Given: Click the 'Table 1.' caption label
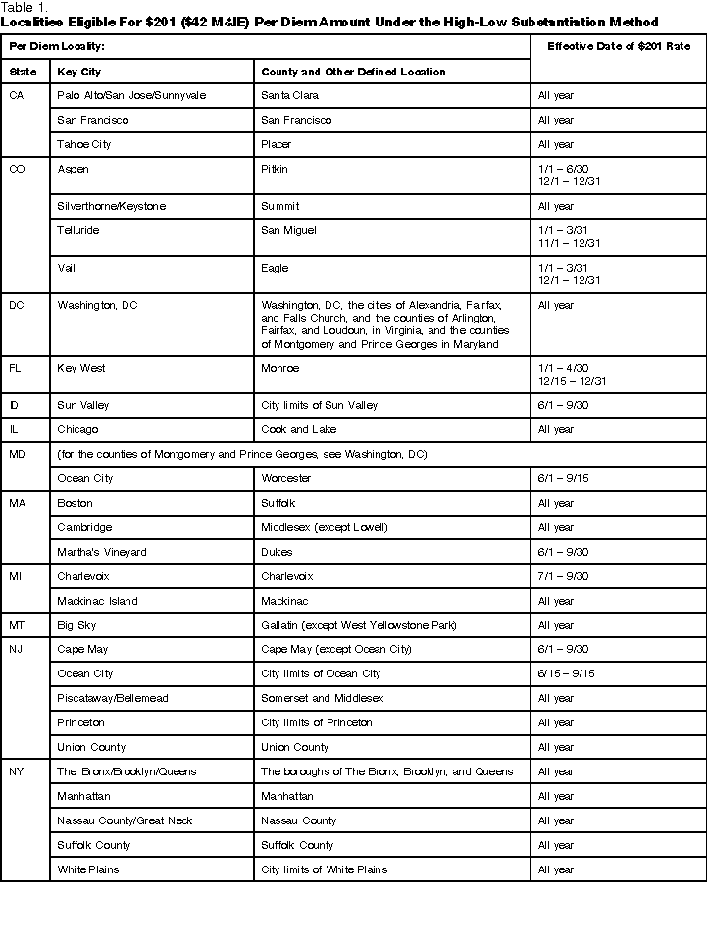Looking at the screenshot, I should pyautogui.click(x=23, y=7).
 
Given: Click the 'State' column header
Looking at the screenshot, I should pyautogui.click(x=23, y=72).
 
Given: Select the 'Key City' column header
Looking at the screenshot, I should pyautogui.click(x=79, y=72).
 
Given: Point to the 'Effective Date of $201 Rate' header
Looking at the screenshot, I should pyautogui.click(x=618, y=46).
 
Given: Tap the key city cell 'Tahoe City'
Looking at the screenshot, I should pyautogui.click(x=84, y=144).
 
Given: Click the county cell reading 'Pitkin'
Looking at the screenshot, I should pyautogui.click(x=275, y=169).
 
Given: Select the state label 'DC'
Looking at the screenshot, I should pyautogui.click(x=17, y=305).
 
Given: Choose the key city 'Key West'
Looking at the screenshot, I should pyautogui.click(x=81, y=368).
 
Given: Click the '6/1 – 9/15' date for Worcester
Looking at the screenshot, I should pyautogui.click(x=563, y=478).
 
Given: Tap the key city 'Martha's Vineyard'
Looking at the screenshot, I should pyautogui.click(x=102, y=552).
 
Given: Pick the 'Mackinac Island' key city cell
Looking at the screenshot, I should pyautogui.click(x=97, y=601).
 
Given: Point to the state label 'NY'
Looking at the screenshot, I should pyautogui.click(x=17, y=771).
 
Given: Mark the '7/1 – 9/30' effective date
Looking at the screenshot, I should pyautogui.click(x=563, y=576).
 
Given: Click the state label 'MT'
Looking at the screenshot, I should pyautogui.click(x=17, y=625).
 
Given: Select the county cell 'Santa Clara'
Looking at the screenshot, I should pyautogui.click(x=289, y=95).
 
